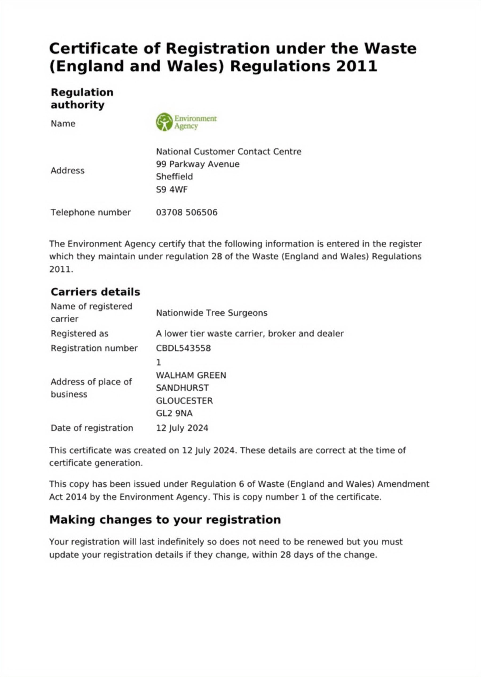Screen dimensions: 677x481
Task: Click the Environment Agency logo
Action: (186, 122)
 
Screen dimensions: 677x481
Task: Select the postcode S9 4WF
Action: (172, 189)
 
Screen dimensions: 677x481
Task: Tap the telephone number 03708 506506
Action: (187, 212)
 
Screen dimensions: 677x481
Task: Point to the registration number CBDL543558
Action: (183, 348)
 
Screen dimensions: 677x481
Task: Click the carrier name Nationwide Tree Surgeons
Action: (211, 313)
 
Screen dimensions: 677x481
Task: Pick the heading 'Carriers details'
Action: (95, 292)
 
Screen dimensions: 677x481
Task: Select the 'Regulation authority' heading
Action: (82, 99)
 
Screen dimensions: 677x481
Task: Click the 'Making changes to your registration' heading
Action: (165, 520)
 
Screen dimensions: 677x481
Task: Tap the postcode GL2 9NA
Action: (174, 413)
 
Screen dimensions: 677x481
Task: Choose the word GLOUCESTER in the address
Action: (184, 401)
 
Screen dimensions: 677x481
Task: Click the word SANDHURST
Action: (182, 388)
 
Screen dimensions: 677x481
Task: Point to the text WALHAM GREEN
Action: (191, 375)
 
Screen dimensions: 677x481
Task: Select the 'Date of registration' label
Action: (92, 428)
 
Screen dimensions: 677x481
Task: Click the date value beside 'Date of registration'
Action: (182, 428)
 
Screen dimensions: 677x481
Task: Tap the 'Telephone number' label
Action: (91, 212)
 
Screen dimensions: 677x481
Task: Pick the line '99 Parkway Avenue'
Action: (198, 164)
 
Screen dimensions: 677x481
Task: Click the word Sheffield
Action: (175, 176)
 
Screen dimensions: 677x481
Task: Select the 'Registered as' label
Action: (79, 334)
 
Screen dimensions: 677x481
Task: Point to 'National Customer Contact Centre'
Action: (229, 151)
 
